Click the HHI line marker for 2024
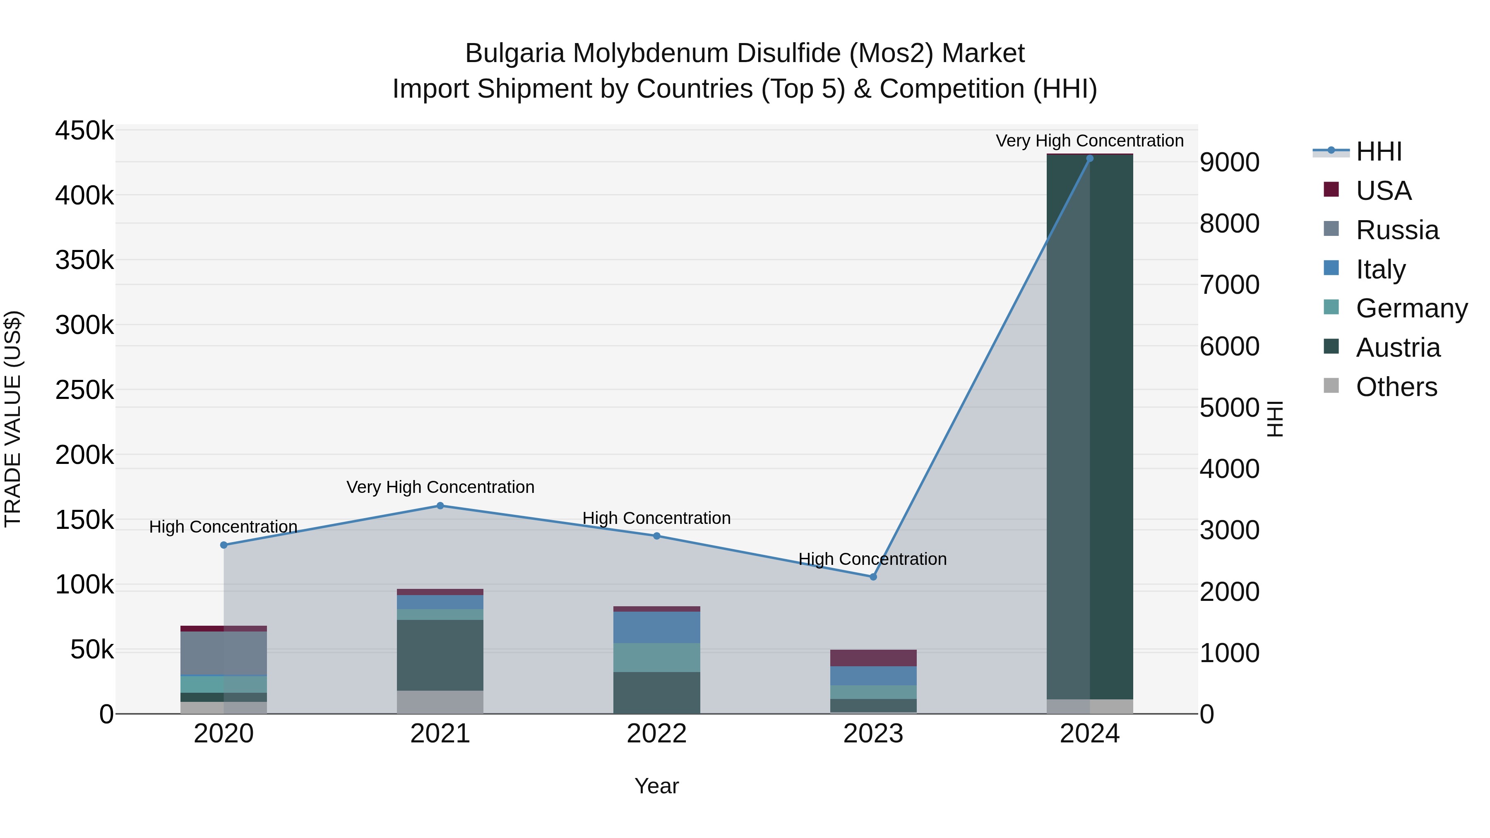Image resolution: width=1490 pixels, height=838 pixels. pyautogui.click(x=1090, y=158)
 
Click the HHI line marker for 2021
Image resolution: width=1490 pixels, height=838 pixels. pyautogui.click(x=440, y=506)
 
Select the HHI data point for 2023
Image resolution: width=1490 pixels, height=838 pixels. pyautogui.click(x=873, y=577)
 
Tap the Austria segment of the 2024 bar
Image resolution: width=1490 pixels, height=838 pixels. pyautogui.click(x=1090, y=428)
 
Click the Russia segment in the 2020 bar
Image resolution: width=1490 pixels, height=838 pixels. pyautogui.click(x=224, y=653)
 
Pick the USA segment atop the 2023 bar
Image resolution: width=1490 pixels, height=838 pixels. pyautogui.click(x=873, y=658)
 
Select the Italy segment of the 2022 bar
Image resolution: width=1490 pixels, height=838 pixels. pyautogui.click(x=656, y=627)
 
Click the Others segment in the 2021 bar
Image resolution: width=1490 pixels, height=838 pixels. pyautogui.click(x=440, y=702)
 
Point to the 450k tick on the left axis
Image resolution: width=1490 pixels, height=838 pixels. pyautogui.click(x=84, y=131)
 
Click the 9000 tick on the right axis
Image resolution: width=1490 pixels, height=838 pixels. pyautogui.click(x=1229, y=163)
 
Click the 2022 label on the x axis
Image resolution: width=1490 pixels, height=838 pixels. pyautogui.click(x=656, y=734)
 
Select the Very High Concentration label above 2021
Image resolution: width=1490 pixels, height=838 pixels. pyautogui.click(x=440, y=487)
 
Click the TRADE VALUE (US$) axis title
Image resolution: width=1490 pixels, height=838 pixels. pyautogui.click(x=13, y=419)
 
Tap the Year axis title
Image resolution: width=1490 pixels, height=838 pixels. pyautogui.click(x=656, y=786)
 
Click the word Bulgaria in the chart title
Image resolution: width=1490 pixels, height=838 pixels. pyautogui.click(x=515, y=53)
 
